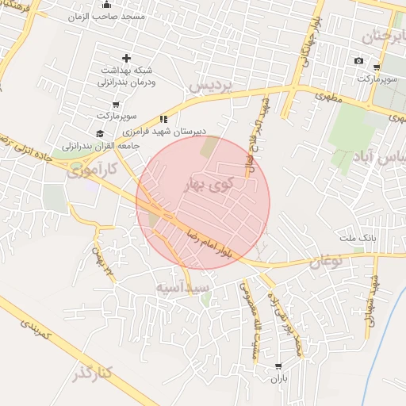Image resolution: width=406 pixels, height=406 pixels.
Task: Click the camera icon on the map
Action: (358, 61)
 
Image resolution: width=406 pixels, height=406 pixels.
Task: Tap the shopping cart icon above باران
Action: (278, 366)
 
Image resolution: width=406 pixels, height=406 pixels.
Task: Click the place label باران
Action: (278, 380)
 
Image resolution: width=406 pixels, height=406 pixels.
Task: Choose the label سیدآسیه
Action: (182, 285)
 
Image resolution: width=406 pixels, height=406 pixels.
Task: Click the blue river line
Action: (389, 317)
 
